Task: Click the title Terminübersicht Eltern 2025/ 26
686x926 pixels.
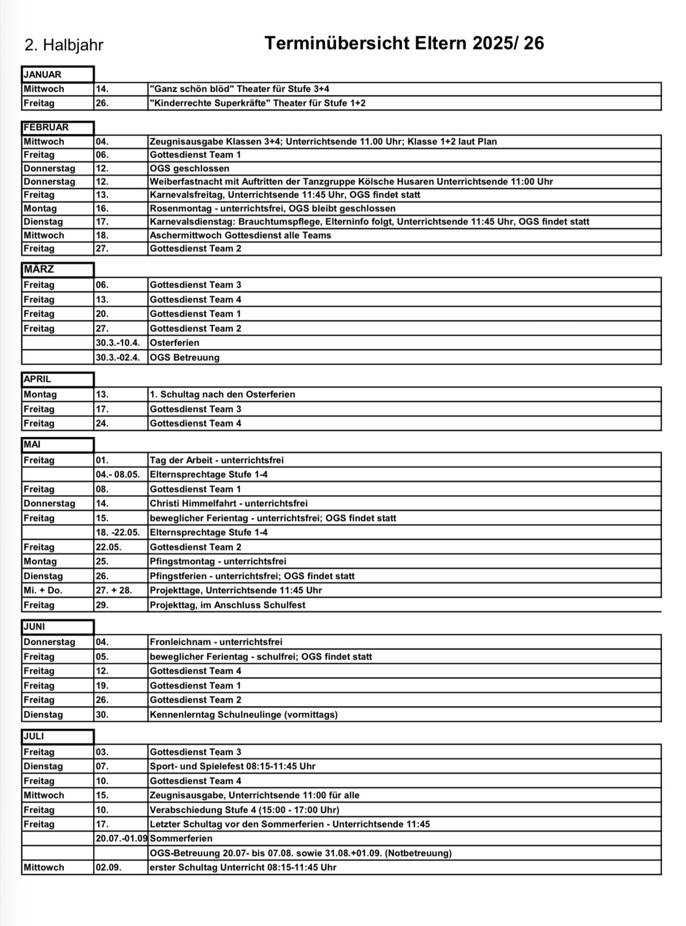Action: coord(404,43)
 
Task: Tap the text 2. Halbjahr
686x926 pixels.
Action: coord(64,45)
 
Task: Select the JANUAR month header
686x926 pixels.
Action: coord(57,75)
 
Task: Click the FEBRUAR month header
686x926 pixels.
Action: coord(57,127)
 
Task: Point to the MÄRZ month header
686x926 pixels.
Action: coord(57,270)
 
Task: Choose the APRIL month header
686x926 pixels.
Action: coord(57,379)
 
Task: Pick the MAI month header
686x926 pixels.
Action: coord(57,445)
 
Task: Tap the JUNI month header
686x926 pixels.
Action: coord(57,627)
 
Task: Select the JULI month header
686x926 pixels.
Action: coord(57,736)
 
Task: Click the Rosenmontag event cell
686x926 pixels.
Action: coord(272,209)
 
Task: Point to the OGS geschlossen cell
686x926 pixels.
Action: coord(190,169)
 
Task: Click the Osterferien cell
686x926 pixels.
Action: coord(174,343)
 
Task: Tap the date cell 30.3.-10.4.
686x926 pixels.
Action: coord(118,343)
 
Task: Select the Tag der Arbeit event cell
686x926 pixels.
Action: coord(217,460)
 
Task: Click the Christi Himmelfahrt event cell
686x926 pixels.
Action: coord(229,504)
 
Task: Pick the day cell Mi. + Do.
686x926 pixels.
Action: coord(43,590)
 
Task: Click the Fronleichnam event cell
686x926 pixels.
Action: coord(216,642)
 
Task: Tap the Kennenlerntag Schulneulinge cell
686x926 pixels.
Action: coord(243,715)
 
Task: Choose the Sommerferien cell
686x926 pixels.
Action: coord(181,839)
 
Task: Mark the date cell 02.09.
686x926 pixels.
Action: coord(109,868)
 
